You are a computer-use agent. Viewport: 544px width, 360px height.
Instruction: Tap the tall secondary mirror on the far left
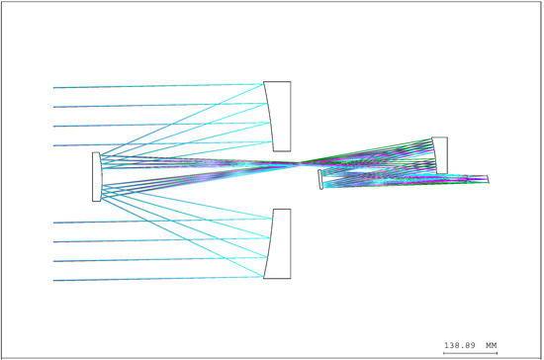click(97, 177)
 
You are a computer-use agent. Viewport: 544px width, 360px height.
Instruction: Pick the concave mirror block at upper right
click(440, 155)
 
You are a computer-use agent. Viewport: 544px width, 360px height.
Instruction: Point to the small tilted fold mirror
click(320, 179)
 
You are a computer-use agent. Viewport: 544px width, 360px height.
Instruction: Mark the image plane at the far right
click(488, 179)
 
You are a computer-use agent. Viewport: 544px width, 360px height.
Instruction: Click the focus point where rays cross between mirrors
click(300, 163)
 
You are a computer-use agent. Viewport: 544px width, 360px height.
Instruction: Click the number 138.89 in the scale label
click(460, 345)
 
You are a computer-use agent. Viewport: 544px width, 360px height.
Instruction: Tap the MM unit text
click(492, 345)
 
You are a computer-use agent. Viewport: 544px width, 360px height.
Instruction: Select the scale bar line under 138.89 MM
click(470, 353)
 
